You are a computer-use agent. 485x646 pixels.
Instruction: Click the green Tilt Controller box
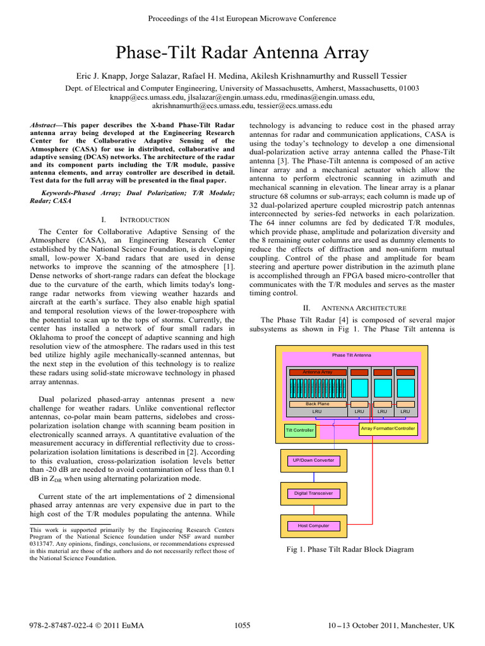coord(300,431)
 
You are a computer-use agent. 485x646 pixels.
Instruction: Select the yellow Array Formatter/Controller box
coord(388,429)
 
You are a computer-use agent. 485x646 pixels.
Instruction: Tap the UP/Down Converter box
coord(314,461)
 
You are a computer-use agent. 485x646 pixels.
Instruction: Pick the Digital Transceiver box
coord(314,493)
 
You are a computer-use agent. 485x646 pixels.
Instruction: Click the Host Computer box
coord(314,525)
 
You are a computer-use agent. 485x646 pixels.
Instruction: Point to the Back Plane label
coord(317,403)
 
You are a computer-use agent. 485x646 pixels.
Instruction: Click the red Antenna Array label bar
coord(317,372)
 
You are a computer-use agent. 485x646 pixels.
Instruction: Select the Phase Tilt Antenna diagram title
coord(351,355)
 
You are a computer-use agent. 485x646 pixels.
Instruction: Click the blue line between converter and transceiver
coord(314,477)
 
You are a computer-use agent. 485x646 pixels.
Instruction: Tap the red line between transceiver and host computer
coord(314,509)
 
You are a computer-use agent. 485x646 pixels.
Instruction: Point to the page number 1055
coord(242,625)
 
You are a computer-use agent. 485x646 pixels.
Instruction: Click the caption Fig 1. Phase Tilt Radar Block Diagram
coord(350,549)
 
